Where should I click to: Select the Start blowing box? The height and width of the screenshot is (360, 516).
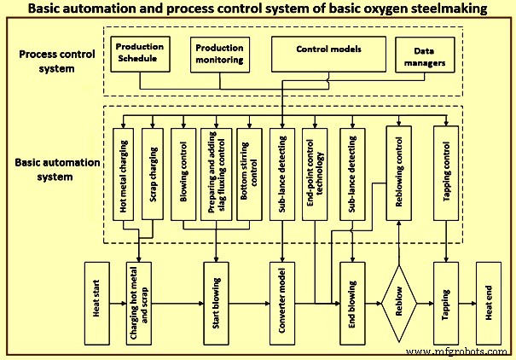pyautogui.click(x=216, y=305)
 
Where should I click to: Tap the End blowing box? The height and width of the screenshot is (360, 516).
pyautogui.click(x=352, y=305)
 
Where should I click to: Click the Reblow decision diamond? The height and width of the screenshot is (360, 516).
pyautogui.click(x=398, y=305)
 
